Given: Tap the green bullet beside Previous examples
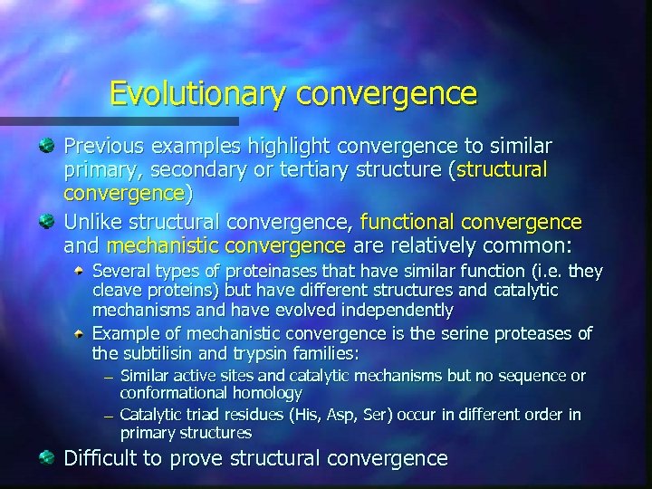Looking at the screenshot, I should coord(47,146).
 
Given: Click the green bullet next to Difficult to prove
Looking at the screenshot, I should coord(47,458).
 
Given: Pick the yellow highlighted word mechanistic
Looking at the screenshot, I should coord(164,245).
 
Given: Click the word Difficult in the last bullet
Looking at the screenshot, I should coord(101,458).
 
